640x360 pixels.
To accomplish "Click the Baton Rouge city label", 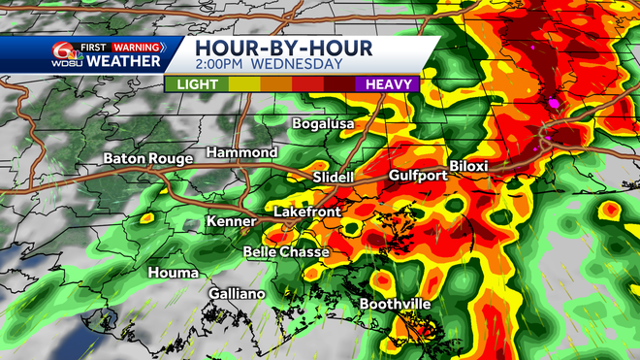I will pos(149,158).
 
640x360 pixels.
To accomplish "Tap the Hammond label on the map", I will pos(240,153).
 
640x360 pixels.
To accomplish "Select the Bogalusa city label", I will pos(324,124).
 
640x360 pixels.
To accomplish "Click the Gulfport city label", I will pos(416,176).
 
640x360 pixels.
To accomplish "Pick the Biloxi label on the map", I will pos(468,166).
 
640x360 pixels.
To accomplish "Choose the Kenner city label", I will pos(231,222).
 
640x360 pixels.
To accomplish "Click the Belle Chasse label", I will pos(285,252).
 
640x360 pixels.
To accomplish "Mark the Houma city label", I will pos(173,273).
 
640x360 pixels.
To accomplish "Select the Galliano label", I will pos(237,293).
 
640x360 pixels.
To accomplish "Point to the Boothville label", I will pos(396,305).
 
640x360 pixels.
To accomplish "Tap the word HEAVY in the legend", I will pos(388,84).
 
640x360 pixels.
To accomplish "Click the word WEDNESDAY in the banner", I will pos(300,65).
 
